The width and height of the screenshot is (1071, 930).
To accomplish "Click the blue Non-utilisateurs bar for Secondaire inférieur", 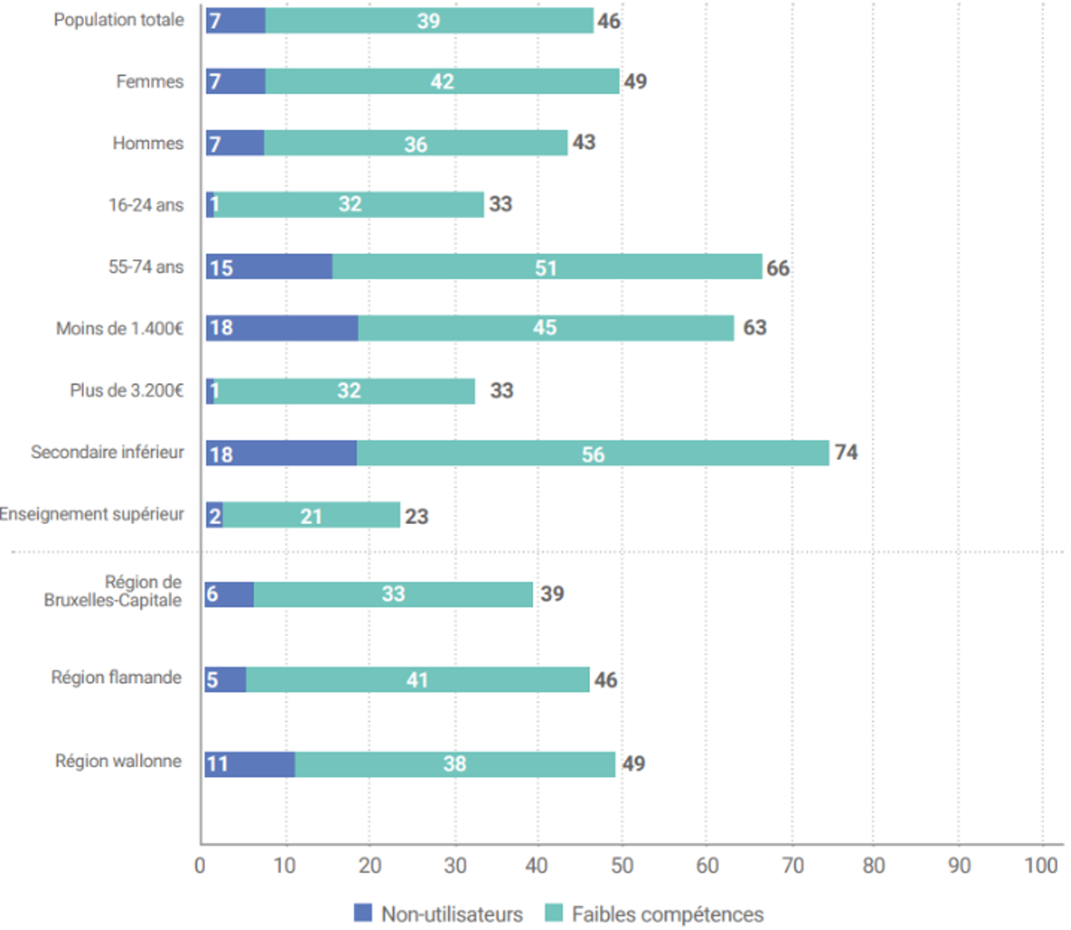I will point(281,454).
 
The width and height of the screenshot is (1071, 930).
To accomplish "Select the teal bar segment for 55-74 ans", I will point(547,267).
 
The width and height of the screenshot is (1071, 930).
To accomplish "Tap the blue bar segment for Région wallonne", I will point(250,764).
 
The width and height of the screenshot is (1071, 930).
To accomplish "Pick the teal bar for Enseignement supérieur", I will point(311,516).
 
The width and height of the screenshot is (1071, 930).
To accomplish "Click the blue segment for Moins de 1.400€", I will point(282,328).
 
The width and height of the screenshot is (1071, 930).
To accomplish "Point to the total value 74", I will point(845,453).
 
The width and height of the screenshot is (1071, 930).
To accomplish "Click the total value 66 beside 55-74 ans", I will point(777,268).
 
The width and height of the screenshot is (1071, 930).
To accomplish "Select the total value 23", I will point(417,517).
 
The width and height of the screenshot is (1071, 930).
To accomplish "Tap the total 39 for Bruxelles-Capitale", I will point(552,594).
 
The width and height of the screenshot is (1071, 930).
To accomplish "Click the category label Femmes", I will point(149,81).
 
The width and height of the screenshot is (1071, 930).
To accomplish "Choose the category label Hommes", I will point(148,143).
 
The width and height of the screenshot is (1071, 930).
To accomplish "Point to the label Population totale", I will point(118,20).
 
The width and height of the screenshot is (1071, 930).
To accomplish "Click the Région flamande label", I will point(116,678).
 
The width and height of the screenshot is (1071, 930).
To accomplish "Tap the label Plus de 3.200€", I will point(126,391).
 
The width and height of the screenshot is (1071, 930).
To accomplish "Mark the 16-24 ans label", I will point(145,205).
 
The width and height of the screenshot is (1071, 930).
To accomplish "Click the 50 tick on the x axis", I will point(621,865).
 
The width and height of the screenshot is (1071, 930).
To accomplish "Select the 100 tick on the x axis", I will point(1041,865).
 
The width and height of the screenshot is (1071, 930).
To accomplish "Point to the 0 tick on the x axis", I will point(200,865).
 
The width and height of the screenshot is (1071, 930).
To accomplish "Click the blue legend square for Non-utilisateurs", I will point(363,913).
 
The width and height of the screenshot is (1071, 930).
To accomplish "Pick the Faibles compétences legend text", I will point(668,914).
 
